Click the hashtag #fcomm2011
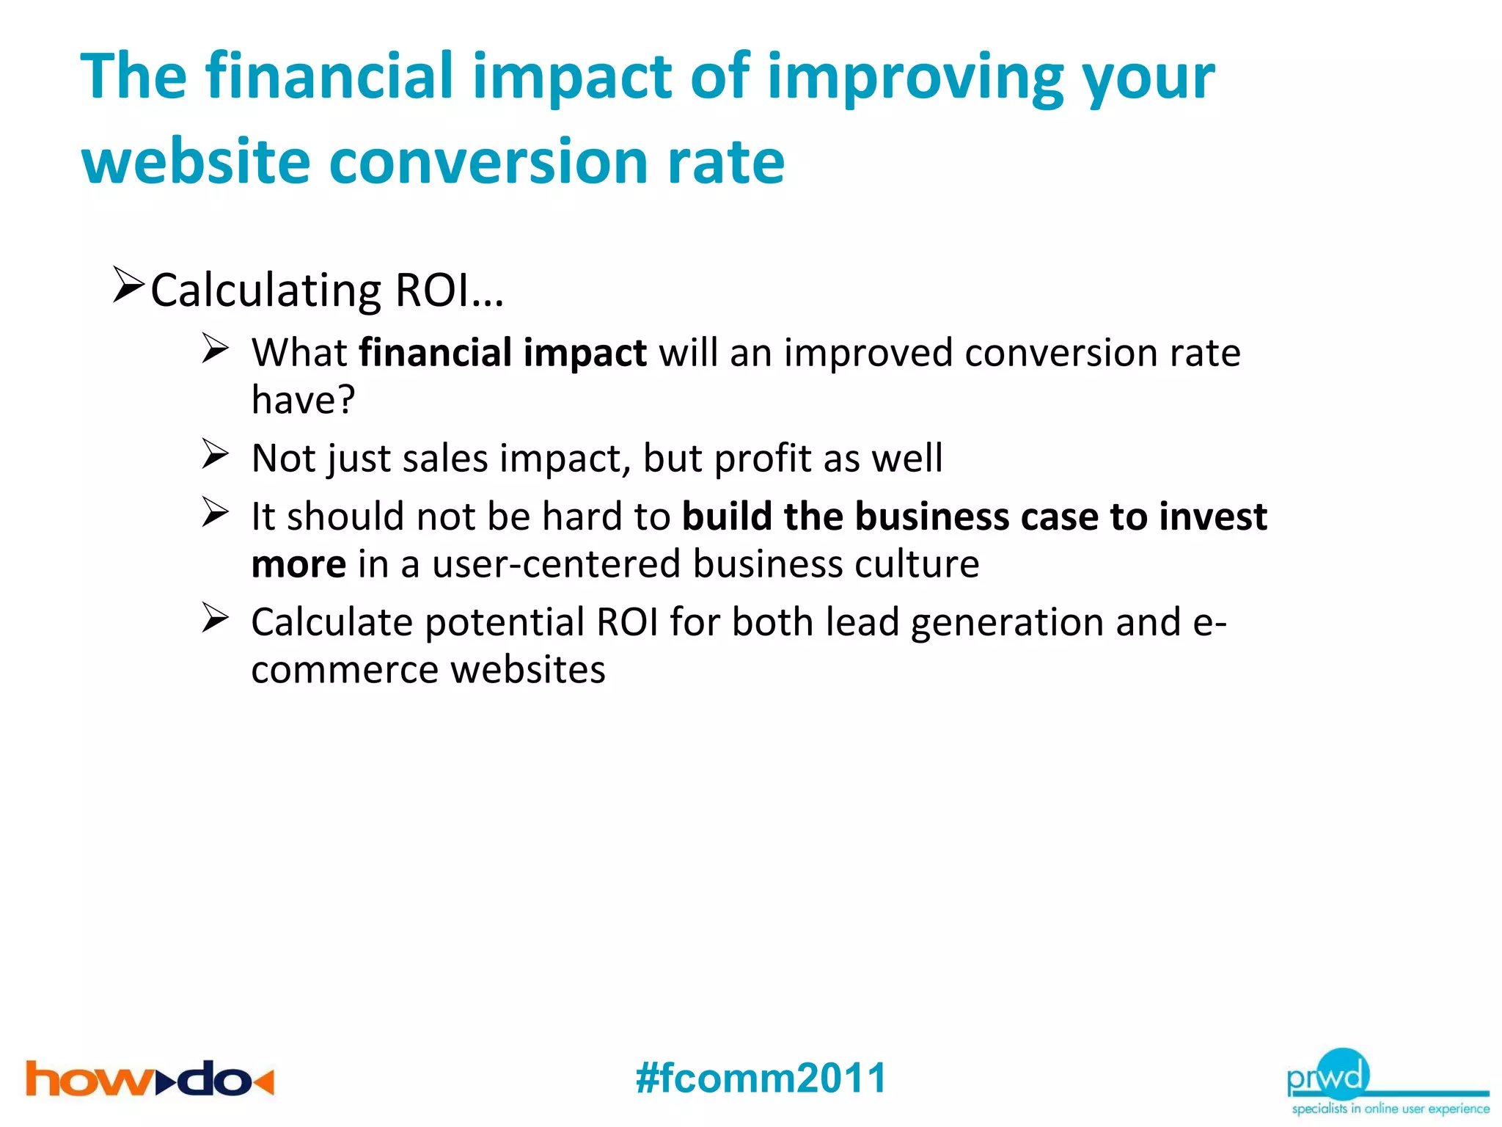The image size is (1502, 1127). coord(761,1078)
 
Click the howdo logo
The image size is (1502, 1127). coord(150,1079)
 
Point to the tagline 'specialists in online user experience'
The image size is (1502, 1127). coord(1390,1108)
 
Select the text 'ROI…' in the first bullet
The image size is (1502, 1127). coord(449,291)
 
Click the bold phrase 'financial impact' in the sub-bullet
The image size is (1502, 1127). coord(502,353)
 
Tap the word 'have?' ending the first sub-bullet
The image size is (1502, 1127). coord(303,400)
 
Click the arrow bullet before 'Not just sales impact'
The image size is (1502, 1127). coord(216,454)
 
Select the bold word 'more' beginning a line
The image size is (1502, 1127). coord(298,564)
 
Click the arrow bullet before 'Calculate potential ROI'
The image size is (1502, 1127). coord(216,618)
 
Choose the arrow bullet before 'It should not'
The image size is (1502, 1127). coord(216,512)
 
